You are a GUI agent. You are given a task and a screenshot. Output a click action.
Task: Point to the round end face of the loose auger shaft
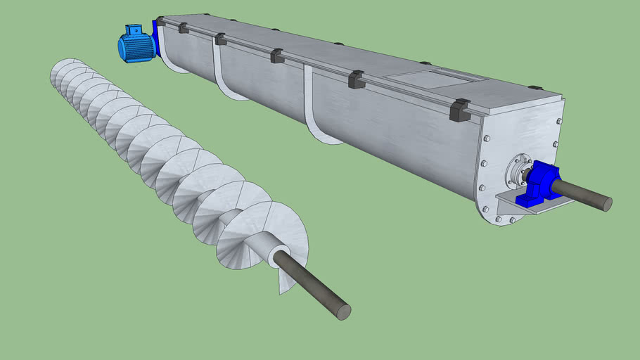343,311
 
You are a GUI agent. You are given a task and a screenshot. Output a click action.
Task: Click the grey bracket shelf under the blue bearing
524,203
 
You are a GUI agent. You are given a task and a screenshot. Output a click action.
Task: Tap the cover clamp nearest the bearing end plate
459,110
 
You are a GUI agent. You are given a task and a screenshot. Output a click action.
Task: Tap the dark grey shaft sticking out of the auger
313,285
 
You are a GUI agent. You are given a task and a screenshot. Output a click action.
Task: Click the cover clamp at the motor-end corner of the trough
160,22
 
